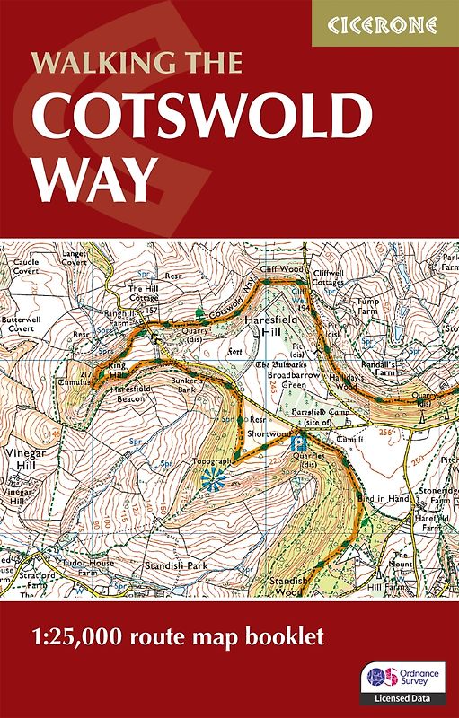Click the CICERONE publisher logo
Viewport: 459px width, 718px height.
pos(384,23)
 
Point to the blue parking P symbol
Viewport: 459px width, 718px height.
pos(302,442)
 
